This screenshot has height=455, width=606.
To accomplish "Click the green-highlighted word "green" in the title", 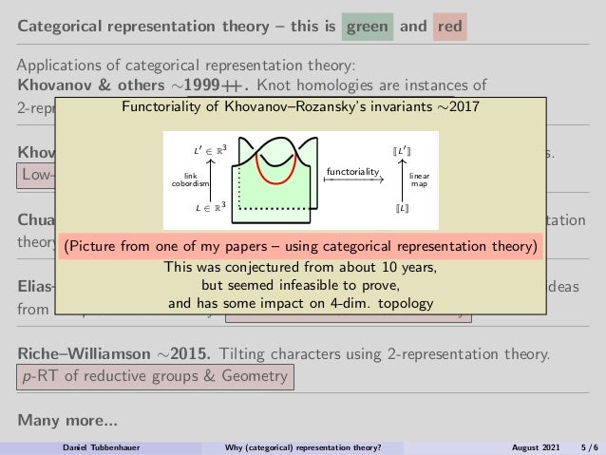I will click(367, 27).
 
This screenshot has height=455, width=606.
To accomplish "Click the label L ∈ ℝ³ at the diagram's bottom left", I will click(210, 206).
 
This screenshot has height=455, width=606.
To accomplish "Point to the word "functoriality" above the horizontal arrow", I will click(351, 171).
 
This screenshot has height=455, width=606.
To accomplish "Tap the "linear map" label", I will click(420, 179).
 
